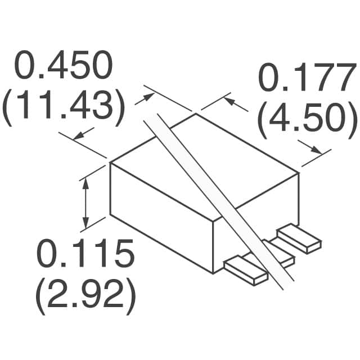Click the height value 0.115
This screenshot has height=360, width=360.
point(86,254)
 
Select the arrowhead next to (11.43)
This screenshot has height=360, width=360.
point(78,135)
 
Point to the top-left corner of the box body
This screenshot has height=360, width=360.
point(110,164)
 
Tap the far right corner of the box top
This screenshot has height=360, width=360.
point(298,174)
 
